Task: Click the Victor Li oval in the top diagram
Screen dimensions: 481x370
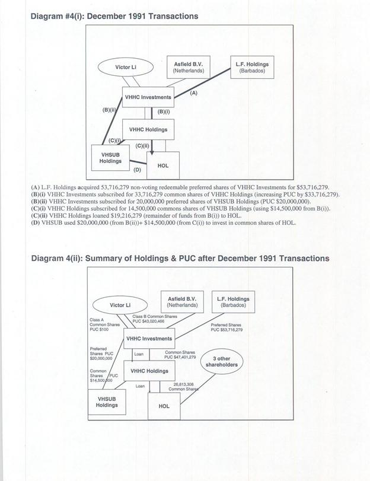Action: point(126,67)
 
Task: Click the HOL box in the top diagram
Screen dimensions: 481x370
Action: point(163,165)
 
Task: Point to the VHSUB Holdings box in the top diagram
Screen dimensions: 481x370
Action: point(110,157)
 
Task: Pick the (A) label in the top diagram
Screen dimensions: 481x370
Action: point(193,94)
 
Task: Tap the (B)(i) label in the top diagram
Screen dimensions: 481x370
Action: point(164,111)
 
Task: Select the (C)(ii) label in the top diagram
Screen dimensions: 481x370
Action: point(142,145)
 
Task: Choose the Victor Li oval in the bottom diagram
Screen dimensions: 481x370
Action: point(120,305)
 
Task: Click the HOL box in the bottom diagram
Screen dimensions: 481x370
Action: point(164,406)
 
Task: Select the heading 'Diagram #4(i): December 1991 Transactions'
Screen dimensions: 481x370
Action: point(114,16)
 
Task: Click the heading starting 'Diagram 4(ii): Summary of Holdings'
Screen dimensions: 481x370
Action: point(180,259)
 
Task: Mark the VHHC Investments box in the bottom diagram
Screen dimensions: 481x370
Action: point(148,339)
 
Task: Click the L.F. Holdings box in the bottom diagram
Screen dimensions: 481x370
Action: point(233,302)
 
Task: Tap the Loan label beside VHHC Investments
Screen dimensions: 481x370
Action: point(138,354)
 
